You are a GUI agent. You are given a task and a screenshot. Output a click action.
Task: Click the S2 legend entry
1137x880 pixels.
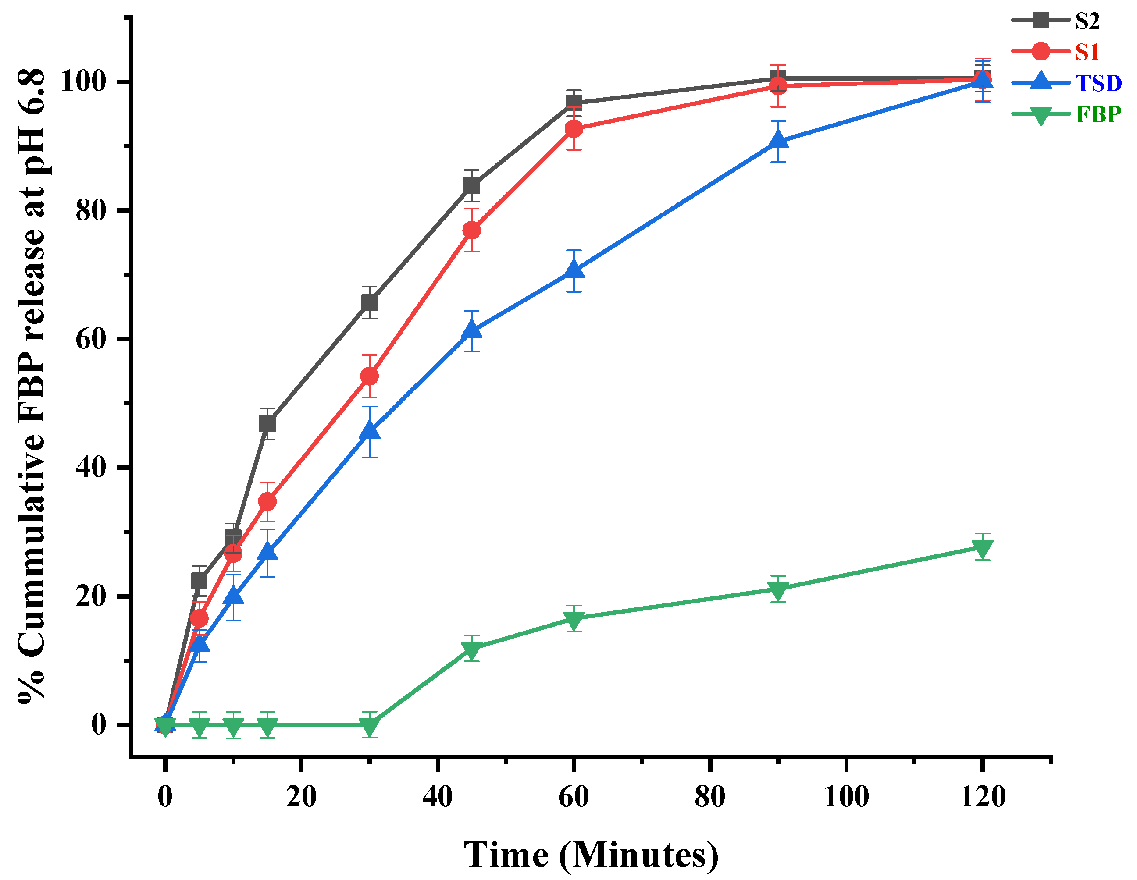(1087, 21)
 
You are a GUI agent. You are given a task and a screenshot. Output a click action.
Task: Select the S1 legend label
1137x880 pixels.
(1087, 52)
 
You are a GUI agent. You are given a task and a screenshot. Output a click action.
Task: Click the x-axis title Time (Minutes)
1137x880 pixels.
(591, 855)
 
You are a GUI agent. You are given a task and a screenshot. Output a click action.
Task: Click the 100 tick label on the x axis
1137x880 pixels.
(846, 797)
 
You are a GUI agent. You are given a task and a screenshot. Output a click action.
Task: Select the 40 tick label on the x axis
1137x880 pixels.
(437, 797)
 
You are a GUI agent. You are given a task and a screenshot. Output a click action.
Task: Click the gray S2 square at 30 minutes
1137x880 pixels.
(369, 302)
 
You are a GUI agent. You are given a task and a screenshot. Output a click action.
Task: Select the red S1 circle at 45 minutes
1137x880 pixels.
(471, 230)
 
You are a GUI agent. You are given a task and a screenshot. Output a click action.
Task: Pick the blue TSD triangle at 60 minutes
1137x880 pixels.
(574, 270)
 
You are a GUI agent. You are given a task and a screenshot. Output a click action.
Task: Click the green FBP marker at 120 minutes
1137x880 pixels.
(982, 548)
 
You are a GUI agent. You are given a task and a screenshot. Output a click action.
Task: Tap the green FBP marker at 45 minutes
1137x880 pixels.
(471, 649)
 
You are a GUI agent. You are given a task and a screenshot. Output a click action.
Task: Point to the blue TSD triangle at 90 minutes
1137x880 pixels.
(778, 141)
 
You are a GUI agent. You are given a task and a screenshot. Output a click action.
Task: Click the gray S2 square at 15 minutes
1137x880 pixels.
(267, 424)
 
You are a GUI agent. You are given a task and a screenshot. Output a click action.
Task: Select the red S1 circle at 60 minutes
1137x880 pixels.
(574, 128)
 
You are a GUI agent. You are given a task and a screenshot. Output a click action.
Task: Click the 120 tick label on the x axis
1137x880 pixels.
(982, 797)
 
